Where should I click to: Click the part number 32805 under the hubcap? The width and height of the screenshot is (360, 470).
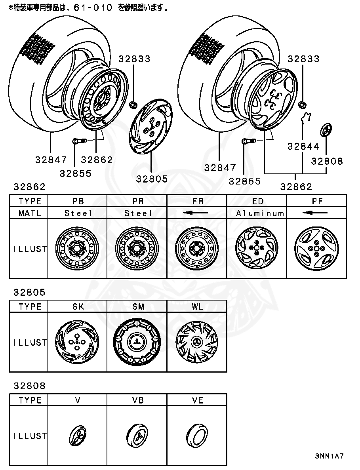[x=152, y=179]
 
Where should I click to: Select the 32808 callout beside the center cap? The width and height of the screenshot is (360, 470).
[x=327, y=161]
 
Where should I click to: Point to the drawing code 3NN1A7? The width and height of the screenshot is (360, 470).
[x=330, y=456]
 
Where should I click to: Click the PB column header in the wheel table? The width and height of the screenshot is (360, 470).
[x=78, y=201]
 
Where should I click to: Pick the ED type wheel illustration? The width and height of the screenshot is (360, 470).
[x=256, y=249]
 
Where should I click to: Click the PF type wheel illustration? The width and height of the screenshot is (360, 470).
[x=316, y=249]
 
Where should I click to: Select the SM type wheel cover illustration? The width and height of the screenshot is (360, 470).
[x=137, y=343]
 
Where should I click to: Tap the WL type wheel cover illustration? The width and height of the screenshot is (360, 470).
[x=197, y=343]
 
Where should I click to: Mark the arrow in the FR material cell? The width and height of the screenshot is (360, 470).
[x=196, y=213]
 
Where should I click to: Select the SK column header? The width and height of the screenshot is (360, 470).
[x=78, y=307]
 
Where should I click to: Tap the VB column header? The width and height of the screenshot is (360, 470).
[x=137, y=400]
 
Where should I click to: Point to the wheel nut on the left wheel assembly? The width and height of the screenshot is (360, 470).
[x=133, y=105]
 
